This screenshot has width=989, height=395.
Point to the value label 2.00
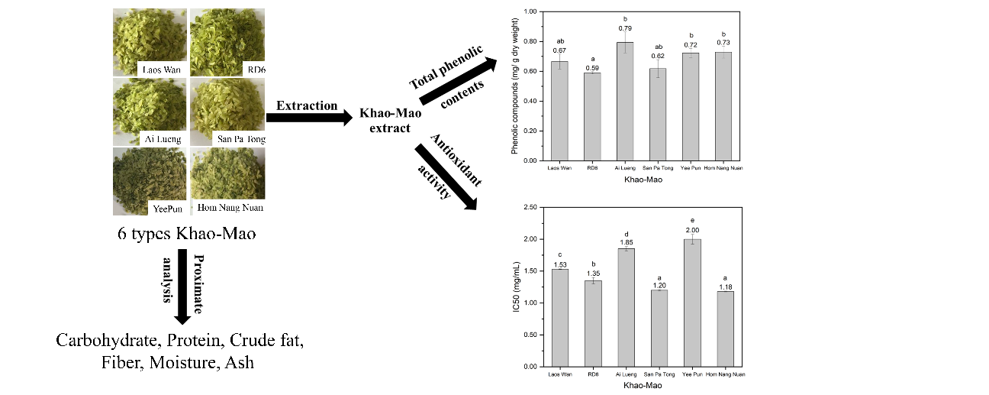click(691, 230)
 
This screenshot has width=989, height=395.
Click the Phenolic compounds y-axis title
click(516, 84)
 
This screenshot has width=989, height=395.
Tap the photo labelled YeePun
click(149, 183)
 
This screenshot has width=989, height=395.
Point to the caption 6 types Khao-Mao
click(186, 234)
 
